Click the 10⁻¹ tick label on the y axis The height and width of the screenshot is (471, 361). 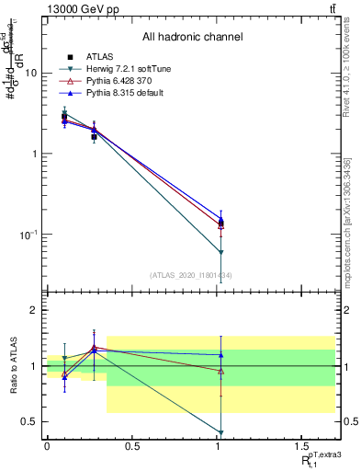click(30, 235)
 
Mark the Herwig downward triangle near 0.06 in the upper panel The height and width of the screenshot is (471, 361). click(220, 252)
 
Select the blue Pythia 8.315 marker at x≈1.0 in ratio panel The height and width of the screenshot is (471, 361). click(220, 355)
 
